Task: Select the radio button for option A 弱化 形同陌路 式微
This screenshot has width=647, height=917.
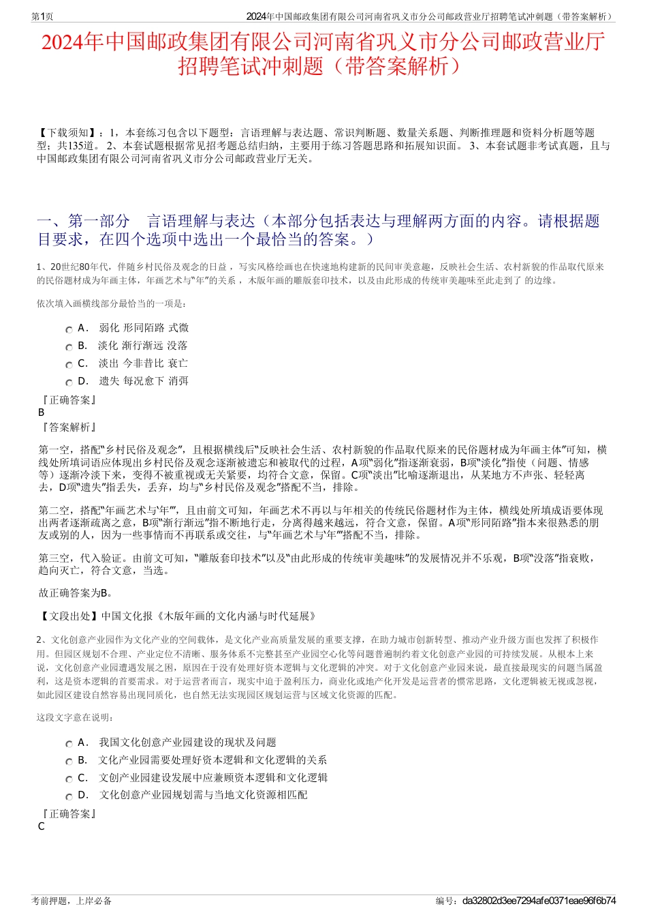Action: click(x=69, y=329)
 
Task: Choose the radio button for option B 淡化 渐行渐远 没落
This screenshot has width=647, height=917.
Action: click(x=69, y=347)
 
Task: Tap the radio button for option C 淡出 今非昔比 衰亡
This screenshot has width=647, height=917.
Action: click(x=69, y=365)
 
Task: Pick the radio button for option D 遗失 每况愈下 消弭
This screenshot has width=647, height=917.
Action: click(x=69, y=382)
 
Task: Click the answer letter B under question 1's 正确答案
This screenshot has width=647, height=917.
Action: click(x=42, y=412)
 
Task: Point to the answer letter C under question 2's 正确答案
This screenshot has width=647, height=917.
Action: click(x=42, y=826)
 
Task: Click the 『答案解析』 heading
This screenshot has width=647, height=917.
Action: click(x=69, y=427)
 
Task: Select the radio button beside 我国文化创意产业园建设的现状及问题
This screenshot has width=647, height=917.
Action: click(x=69, y=744)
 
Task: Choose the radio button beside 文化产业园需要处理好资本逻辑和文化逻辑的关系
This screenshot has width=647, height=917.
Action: click(x=69, y=762)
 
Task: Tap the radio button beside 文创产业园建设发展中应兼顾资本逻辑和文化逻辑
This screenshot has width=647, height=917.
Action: click(x=69, y=779)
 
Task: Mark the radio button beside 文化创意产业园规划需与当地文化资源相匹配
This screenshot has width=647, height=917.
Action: click(x=69, y=796)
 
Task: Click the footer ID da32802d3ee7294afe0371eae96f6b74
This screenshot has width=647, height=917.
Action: click(x=539, y=901)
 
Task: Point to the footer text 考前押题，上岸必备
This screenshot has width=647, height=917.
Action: click(x=72, y=901)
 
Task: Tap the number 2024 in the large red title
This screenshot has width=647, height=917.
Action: click(x=63, y=43)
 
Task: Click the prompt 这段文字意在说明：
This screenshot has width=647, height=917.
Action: click(x=76, y=717)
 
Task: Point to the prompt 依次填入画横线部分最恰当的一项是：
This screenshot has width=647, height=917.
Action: click(x=112, y=303)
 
